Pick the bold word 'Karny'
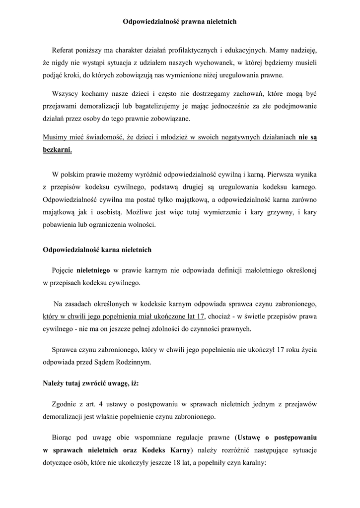(180, 450)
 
